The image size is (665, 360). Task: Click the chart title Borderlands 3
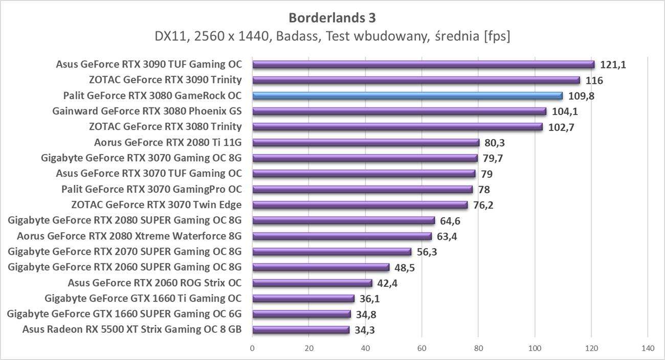(332, 18)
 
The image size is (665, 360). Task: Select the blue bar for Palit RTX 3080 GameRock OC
(407, 96)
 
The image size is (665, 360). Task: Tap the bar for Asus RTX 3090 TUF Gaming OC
(423, 64)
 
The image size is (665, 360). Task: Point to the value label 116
(594, 80)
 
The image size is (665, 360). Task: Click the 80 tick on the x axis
(478, 348)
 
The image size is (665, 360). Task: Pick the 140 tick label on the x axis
(648, 348)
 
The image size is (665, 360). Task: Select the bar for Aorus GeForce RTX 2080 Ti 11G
(366, 143)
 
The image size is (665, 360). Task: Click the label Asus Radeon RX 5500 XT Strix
(131, 329)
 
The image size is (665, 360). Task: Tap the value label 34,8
(366, 314)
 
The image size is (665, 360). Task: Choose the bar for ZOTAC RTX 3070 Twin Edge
(360, 205)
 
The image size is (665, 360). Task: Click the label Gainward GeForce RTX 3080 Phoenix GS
(147, 111)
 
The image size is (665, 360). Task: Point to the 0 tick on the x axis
(252, 348)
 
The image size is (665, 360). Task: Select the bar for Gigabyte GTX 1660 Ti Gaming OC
(303, 299)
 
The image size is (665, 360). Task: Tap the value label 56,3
(427, 252)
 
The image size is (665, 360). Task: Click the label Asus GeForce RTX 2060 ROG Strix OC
(154, 283)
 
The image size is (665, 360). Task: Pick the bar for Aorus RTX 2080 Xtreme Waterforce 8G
(342, 236)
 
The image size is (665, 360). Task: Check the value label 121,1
(612, 64)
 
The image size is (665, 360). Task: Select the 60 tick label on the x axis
(422, 348)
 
